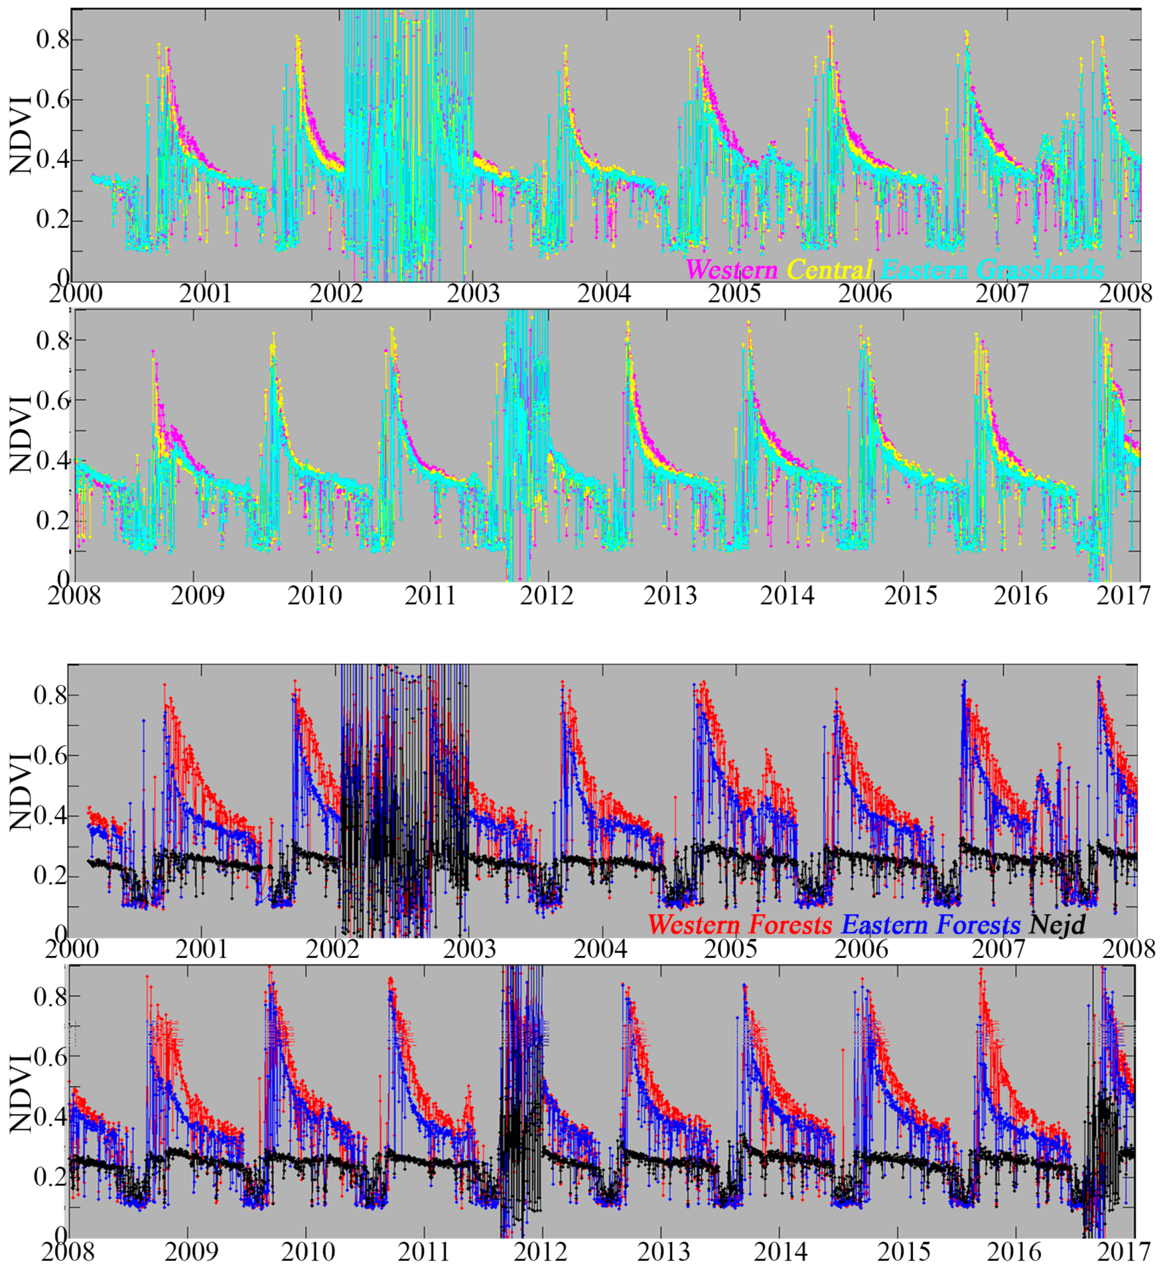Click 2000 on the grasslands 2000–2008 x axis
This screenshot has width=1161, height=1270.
click(71, 294)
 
